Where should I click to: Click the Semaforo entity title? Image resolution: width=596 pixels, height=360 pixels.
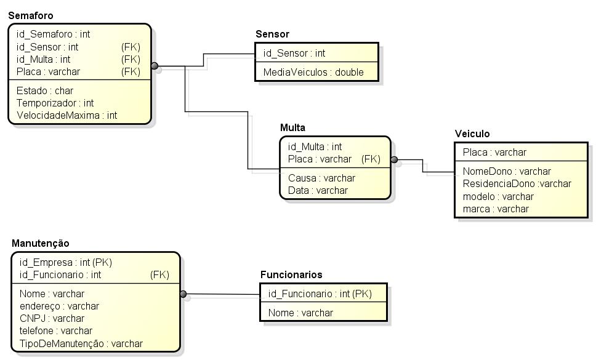point(31,15)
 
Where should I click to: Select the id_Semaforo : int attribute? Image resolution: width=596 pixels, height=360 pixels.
point(54,34)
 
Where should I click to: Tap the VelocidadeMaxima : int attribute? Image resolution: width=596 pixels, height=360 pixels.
point(66,115)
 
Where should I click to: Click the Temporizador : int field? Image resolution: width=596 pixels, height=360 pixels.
point(55,103)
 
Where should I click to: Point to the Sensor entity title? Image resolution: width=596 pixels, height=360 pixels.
point(272,34)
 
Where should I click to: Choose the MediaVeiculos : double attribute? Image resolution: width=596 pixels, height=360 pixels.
point(313,72)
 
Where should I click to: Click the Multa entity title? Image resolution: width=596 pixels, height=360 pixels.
point(292,127)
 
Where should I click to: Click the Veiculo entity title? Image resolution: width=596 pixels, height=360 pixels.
point(472,134)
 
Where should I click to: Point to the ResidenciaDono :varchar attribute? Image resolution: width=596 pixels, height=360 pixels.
point(517,183)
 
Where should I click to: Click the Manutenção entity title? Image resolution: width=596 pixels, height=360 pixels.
point(41,243)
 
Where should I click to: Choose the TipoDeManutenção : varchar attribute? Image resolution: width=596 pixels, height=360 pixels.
point(81,343)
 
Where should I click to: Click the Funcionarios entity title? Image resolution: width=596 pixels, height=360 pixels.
point(291,274)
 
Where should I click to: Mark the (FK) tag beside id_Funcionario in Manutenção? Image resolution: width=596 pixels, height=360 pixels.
point(159,274)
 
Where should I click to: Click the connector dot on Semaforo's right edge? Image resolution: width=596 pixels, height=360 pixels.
point(155,65)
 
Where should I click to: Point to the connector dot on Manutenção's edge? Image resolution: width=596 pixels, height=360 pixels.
point(183,294)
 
